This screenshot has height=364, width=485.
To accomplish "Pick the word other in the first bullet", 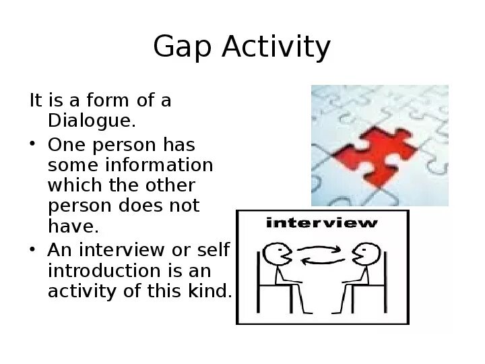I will (x=171, y=185).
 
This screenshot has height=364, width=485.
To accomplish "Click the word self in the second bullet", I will (x=215, y=250).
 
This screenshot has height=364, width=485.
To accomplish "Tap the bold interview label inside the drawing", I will (x=322, y=222).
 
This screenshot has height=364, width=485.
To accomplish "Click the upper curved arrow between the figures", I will (x=321, y=249).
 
